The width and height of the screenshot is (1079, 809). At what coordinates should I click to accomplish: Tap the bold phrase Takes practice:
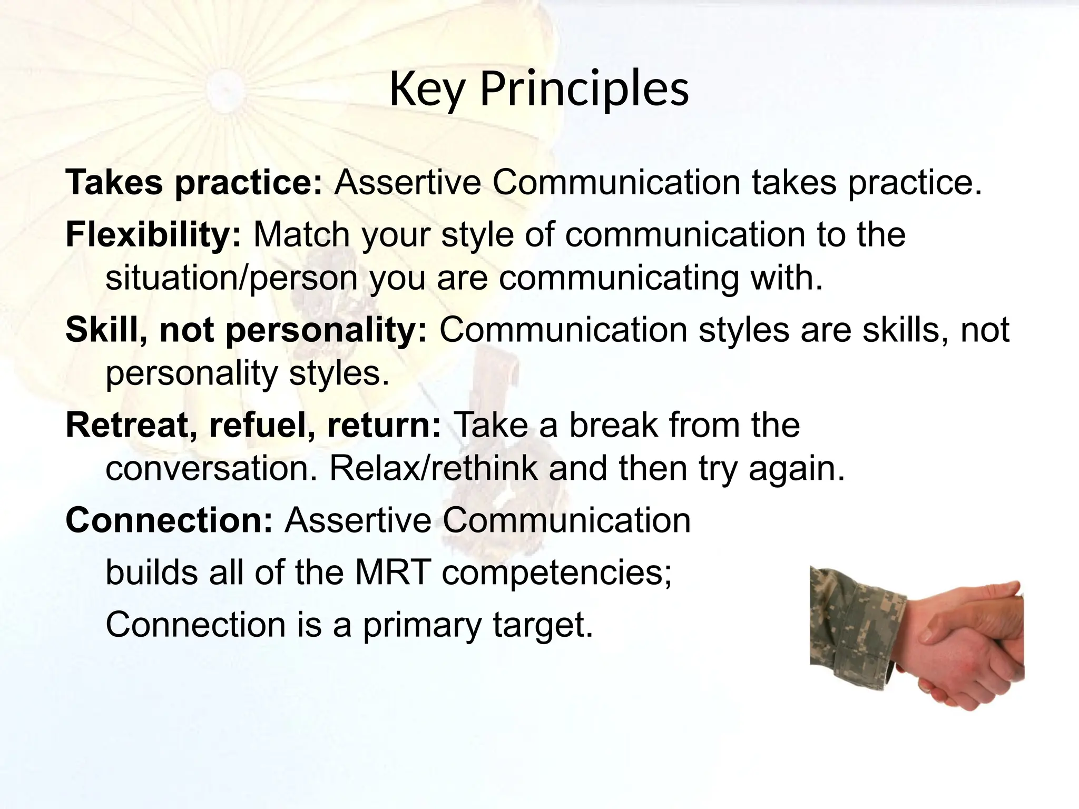[193, 183]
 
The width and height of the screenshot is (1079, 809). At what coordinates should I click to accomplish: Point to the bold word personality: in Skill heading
[327, 330]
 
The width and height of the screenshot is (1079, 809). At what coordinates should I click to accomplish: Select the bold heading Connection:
[169, 520]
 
